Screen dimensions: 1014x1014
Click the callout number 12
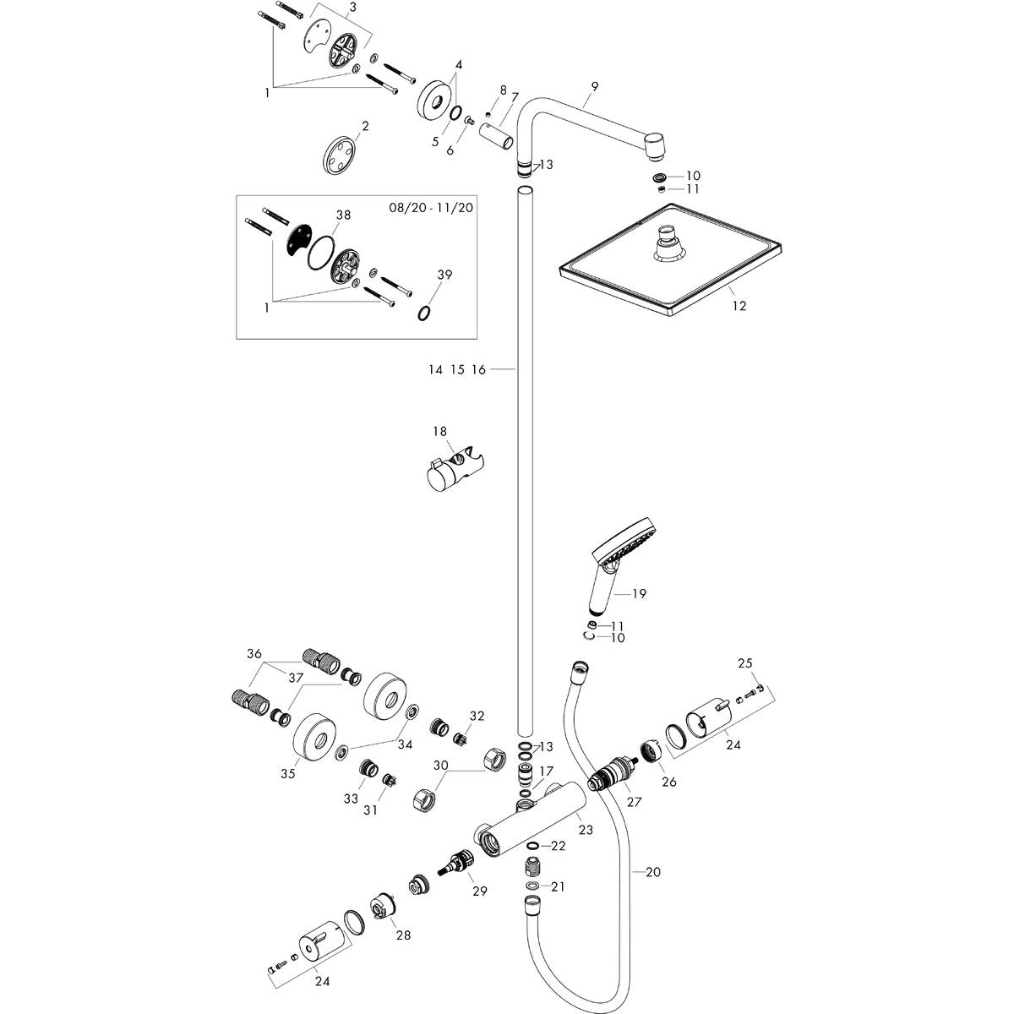click(x=739, y=306)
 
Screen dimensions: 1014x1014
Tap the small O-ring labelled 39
click(x=425, y=313)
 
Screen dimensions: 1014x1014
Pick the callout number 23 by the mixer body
click(x=586, y=830)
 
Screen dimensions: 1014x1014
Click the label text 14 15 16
click(x=455, y=369)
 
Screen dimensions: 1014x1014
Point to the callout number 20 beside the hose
click(x=652, y=872)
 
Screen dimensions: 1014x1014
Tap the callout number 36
click(x=254, y=653)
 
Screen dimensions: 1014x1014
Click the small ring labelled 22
click(x=533, y=847)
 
